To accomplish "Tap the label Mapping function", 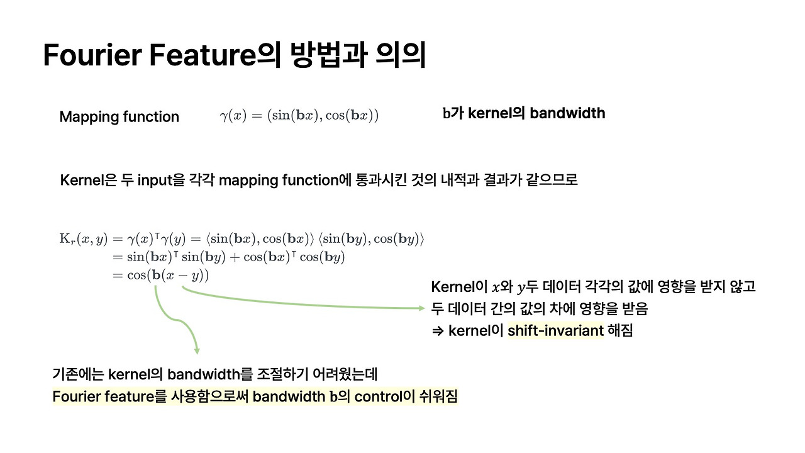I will pyautogui.click(x=119, y=117).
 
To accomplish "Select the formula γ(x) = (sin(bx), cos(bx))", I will pyautogui.click(x=299, y=116).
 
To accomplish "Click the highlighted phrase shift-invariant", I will pyautogui.click(x=555, y=330).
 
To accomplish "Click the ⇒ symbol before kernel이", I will pyautogui.click(x=438, y=330).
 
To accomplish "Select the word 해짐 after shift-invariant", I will pyautogui.click(x=620, y=330).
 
